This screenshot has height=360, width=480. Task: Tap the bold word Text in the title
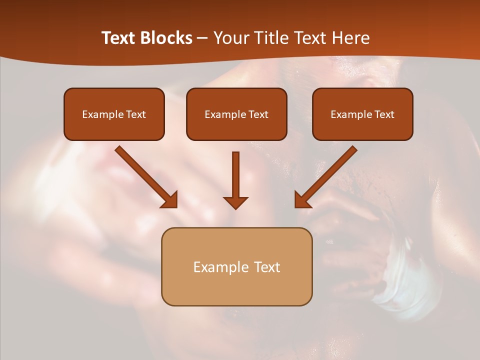coord(119,38)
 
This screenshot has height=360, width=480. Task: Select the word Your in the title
coord(230,38)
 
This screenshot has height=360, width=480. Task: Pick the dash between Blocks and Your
coord(202,38)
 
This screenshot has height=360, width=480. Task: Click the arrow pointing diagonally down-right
coord(146,177)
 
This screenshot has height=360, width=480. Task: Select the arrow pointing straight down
coord(235,180)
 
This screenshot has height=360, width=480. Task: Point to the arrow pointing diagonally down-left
coord(326,177)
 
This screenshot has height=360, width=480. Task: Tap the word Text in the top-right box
coord(384,114)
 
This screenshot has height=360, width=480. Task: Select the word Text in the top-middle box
coord(258,114)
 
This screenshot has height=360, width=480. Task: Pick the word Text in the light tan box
coord(268,267)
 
